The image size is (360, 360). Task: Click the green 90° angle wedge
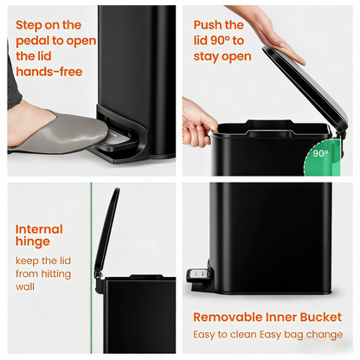coord(318,156)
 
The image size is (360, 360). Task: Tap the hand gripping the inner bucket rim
coord(198,120)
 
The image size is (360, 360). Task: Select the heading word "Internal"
coord(39,229)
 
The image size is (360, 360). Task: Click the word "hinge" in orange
coord(33,243)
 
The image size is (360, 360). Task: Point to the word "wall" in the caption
coord(27,287)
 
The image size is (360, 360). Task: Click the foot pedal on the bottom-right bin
coord(197,276)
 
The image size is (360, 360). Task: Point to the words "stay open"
coord(222,57)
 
